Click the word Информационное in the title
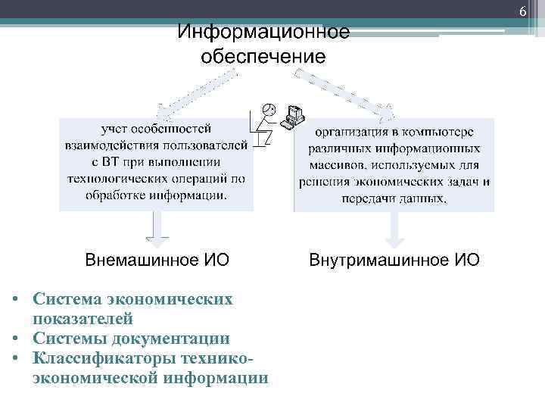(x=263, y=33)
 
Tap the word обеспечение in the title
(x=263, y=58)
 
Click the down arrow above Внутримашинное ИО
(x=394, y=228)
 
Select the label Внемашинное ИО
(x=157, y=261)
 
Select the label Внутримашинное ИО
(x=394, y=261)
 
